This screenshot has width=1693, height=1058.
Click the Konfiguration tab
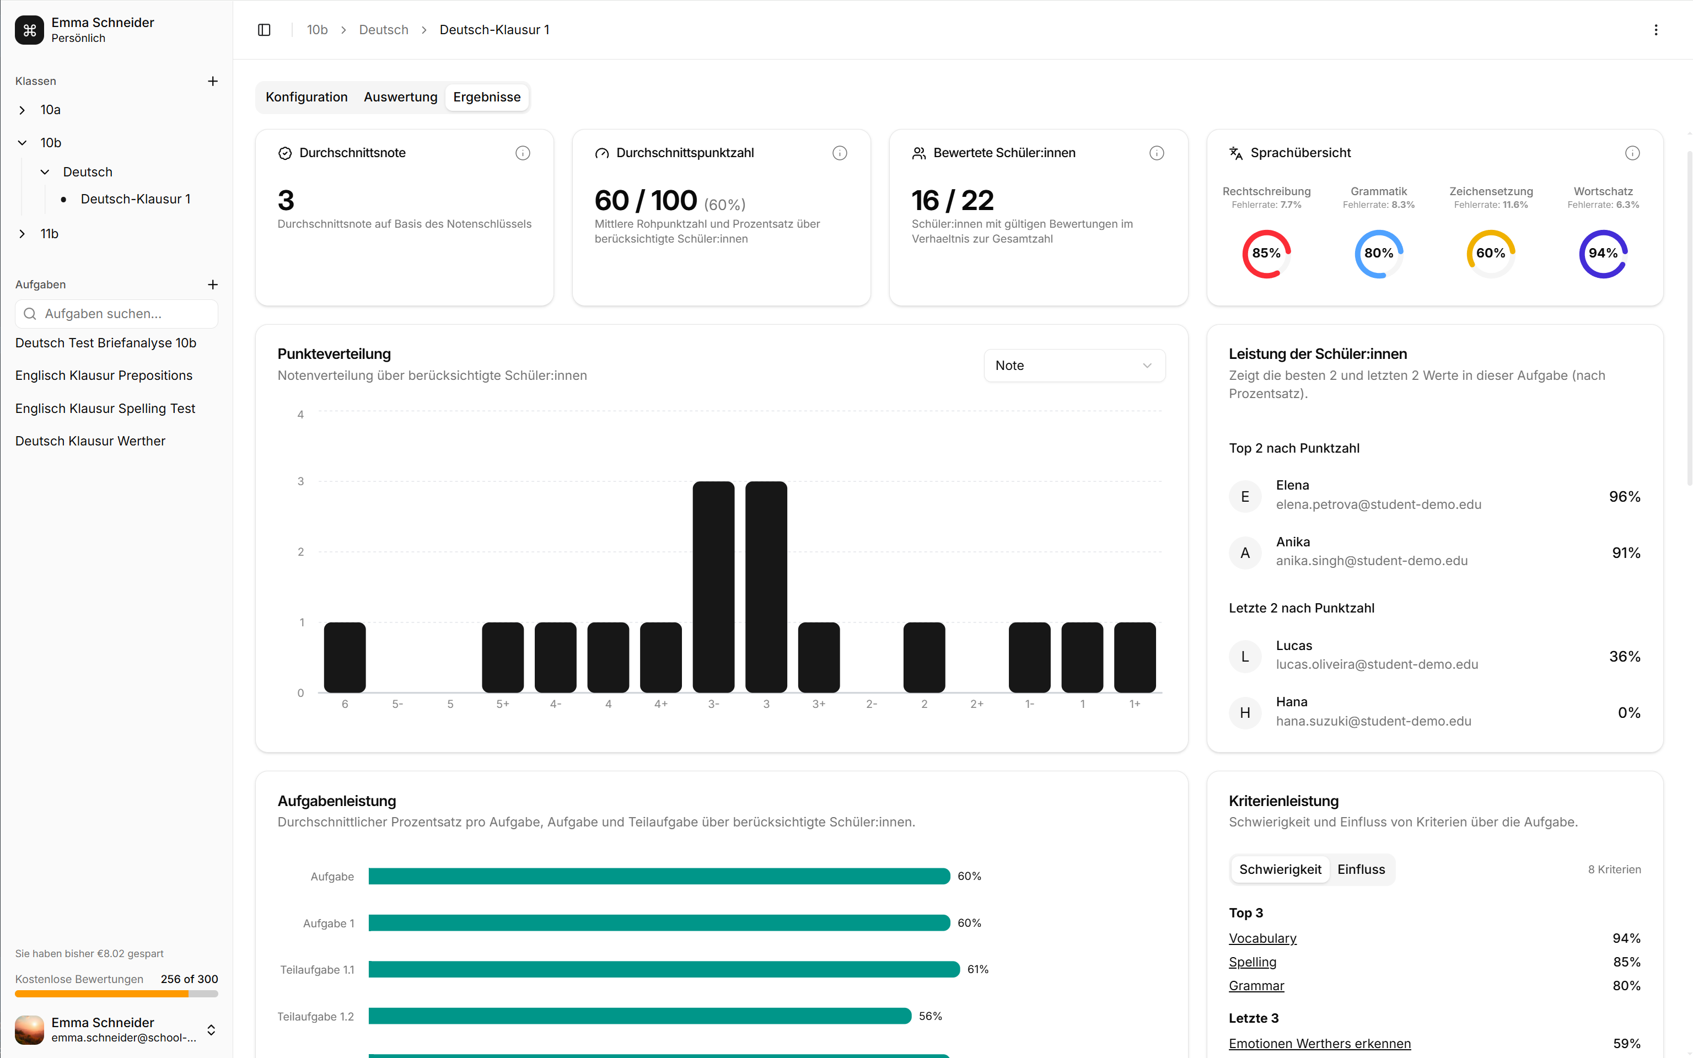point(307,97)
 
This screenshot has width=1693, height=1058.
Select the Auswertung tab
point(400,97)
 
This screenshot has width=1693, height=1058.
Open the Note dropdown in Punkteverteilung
point(1074,366)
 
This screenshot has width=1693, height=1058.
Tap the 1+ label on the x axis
point(1135,704)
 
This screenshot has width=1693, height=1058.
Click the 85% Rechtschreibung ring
point(1266,253)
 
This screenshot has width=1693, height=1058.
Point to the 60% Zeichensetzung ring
point(1491,253)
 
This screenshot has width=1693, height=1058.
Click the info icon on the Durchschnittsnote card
point(523,153)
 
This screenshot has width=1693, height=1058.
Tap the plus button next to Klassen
point(213,81)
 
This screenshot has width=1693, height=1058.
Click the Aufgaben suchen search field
point(116,314)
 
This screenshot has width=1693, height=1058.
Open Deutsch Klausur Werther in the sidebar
point(90,441)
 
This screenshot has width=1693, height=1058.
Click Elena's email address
point(1378,504)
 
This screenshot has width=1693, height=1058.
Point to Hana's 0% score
point(1628,712)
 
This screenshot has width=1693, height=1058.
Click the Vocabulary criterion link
point(1262,938)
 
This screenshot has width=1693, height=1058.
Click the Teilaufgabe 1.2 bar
point(639,1016)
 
